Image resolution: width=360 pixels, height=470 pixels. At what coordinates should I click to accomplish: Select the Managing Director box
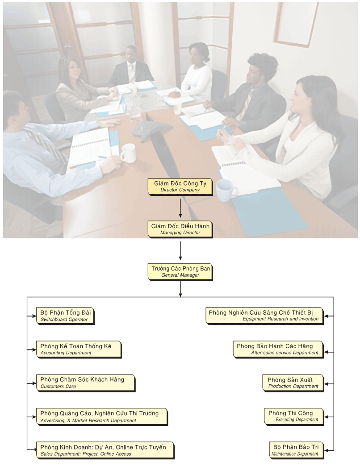coord(180,229)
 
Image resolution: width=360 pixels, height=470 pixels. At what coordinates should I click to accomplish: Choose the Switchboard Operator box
coord(66,316)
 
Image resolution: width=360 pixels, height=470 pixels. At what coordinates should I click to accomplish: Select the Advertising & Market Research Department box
coord(102,416)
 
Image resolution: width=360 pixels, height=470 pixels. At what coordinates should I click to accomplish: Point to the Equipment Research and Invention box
coord(264,316)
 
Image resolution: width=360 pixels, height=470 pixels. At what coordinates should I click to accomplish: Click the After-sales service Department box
coord(278,349)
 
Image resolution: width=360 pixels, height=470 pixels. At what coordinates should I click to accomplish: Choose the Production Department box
coord(293,383)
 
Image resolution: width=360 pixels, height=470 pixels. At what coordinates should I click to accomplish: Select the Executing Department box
coord(293,416)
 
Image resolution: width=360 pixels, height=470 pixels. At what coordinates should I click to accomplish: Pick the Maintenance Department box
coord(296,450)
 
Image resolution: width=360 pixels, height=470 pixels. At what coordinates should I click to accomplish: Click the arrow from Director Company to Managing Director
coord(180,208)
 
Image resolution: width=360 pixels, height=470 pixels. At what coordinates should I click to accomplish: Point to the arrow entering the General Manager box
coord(180,251)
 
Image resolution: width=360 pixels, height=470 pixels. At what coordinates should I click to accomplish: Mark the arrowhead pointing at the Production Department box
coord(327,383)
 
